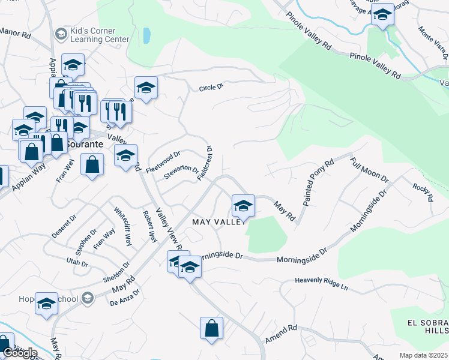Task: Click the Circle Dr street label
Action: click(x=211, y=88)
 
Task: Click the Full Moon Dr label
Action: click(x=370, y=170)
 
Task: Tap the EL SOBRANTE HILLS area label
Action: click(x=427, y=326)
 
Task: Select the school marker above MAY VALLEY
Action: click(x=243, y=206)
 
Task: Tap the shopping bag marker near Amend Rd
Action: click(x=211, y=329)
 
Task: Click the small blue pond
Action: click(x=146, y=36)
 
